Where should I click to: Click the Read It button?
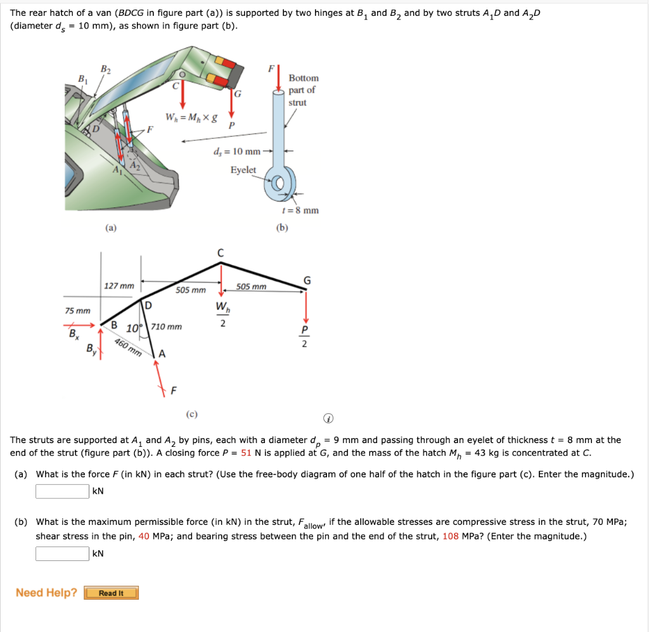pyautogui.click(x=111, y=593)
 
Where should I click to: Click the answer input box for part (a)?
pyautogui.click(x=62, y=491)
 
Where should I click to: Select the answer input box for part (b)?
pyautogui.click(x=62, y=553)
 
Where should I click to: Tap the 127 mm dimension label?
pyautogui.click(x=119, y=286)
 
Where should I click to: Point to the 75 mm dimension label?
pyautogui.click(x=77, y=311)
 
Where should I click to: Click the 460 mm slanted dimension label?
pyautogui.click(x=128, y=347)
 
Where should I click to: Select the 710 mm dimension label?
pyautogui.click(x=166, y=326)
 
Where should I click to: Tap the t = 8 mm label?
pyautogui.click(x=300, y=210)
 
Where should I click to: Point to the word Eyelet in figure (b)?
pyautogui.click(x=243, y=170)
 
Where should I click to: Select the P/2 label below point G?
pyautogui.click(x=305, y=337)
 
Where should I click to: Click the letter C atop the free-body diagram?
pyautogui.click(x=221, y=253)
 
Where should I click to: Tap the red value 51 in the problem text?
pyautogui.click(x=247, y=453)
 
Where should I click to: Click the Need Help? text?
pyautogui.click(x=46, y=593)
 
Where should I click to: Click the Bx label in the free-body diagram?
pyautogui.click(x=74, y=333)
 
